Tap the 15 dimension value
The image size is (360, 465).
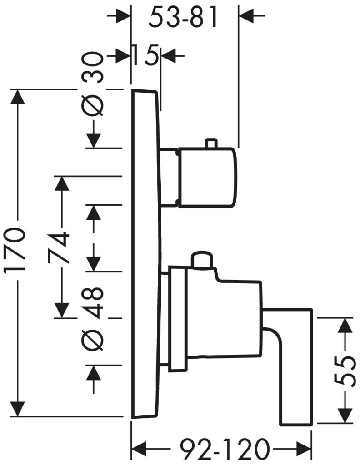click(145, 56)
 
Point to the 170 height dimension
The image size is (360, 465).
click(15, 252)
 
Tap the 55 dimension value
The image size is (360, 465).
click(346, 371)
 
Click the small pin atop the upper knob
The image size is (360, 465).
click(210, 143)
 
